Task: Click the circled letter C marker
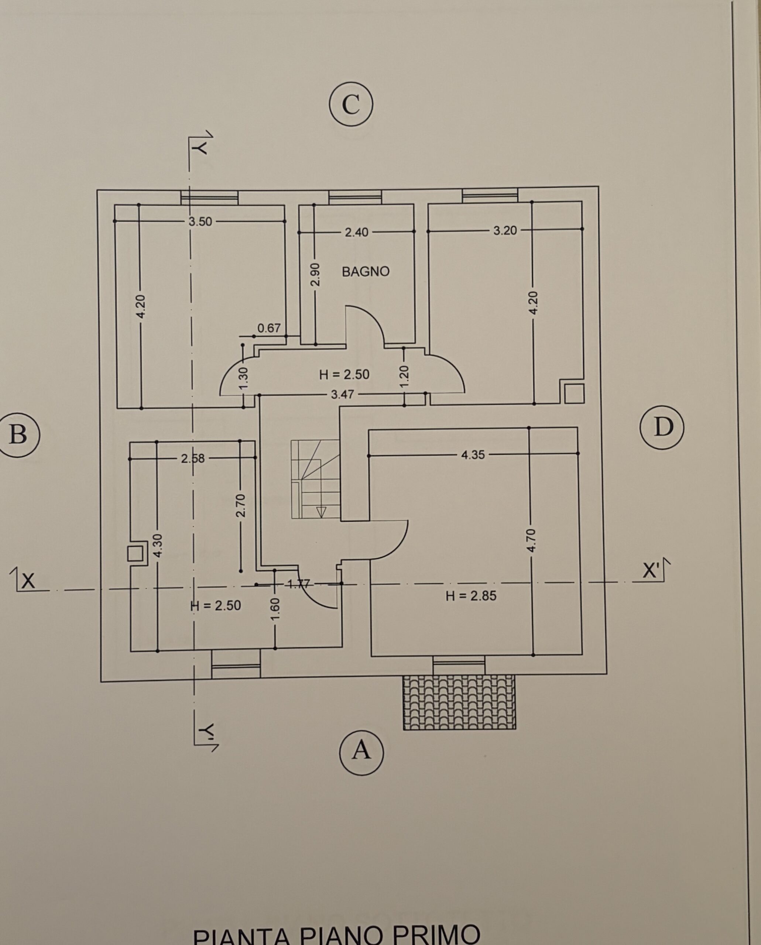(x=351, y=104)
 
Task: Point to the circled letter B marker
(x=17, y=435)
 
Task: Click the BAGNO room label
(x=366, y=272)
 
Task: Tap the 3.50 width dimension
(x=200, y=222)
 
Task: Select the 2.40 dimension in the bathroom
(x=357, y=232)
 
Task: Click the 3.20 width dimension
(x=505, y=231)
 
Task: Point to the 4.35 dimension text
(x=473, y=455)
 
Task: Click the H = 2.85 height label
(x=471, y=596)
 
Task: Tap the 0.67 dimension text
(x=269, y=328)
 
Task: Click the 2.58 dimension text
(x=193, y=459)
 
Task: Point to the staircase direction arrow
(x=321, y=511)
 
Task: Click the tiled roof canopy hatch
(x=459, y=702)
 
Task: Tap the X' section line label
(x=651, y=571)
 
